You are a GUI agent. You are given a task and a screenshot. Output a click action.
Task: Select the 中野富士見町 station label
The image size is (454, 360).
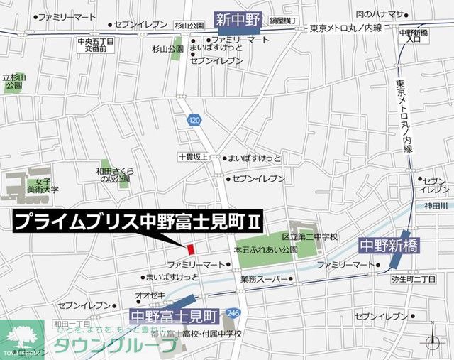tap(175, 313)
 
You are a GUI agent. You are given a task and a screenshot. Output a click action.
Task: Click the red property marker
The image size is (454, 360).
tap(190, 249)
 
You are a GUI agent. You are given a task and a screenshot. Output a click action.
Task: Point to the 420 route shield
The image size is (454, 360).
tap(194, 121)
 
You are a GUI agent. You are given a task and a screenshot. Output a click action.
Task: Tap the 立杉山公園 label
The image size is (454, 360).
tap(13, 81)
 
